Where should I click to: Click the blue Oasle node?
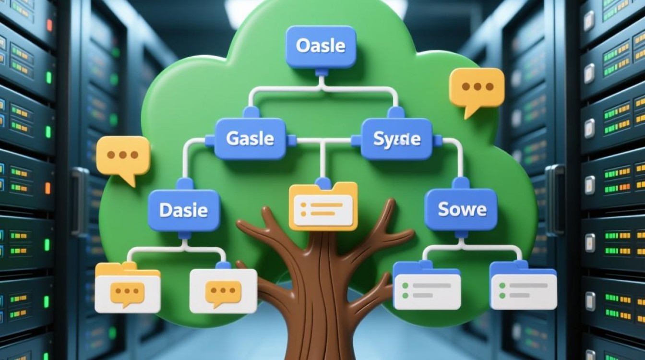(321, 47)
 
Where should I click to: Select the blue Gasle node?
(250, 139)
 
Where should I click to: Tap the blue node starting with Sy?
(396, 139)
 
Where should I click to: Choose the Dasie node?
(183, 210)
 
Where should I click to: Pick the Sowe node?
(461, 209)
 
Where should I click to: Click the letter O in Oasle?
(302, 46)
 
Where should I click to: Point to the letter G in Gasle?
(232, 139)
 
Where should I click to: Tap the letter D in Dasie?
(166, 210)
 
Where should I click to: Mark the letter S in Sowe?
(443, 209)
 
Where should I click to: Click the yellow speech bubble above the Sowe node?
(476, 88)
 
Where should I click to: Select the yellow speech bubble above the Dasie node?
(123, 156)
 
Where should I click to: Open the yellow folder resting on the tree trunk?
(323, 206)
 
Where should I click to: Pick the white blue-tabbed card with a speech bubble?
(223, 290)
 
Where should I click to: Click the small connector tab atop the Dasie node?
(184, 183)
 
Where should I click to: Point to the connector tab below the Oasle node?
(321, 72)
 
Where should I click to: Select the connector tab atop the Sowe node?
(460, 183)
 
